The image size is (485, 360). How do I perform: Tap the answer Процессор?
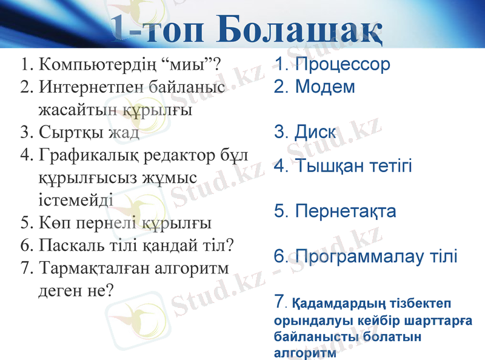pos(343,64)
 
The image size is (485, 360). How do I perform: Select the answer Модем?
pos(325,87)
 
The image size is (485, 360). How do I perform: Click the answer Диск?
pos(315,132)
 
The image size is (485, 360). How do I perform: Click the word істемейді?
pos(75,200)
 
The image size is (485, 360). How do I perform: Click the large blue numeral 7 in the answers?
pos(279,300)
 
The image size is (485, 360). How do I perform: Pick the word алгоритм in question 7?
pos(192,268)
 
